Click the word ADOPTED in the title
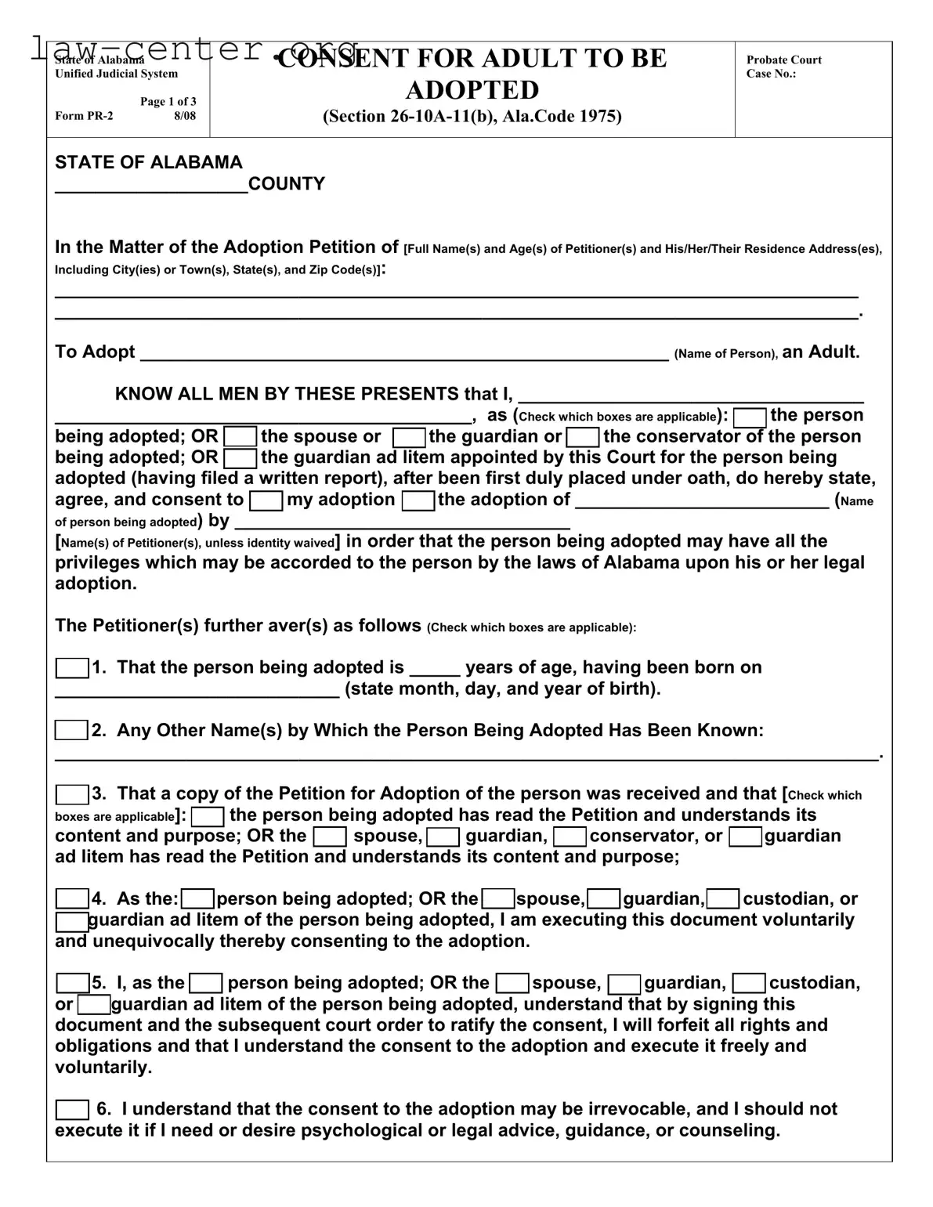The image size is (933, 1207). [472, 90]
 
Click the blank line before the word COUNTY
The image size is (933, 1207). [150, 186]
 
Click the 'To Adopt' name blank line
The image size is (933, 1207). [403, 352]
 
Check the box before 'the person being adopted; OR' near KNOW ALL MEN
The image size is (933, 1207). [750, 417]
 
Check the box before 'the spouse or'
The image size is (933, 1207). [240, 437]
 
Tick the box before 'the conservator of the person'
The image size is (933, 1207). [583, 437]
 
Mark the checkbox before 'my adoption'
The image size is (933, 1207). [266, 501]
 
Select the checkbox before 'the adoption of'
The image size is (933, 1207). [418, 501]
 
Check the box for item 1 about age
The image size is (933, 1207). [71, 668]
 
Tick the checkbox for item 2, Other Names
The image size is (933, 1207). [71, 731]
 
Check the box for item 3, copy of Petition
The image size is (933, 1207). [71, 794]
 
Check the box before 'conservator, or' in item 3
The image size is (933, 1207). [570, 837]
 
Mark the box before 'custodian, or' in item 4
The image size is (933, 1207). [723, 899]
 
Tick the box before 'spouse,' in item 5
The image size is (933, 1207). [513, 983]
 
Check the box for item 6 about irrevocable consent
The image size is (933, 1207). [72, 1110]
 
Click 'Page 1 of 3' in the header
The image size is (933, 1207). [168, 102]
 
